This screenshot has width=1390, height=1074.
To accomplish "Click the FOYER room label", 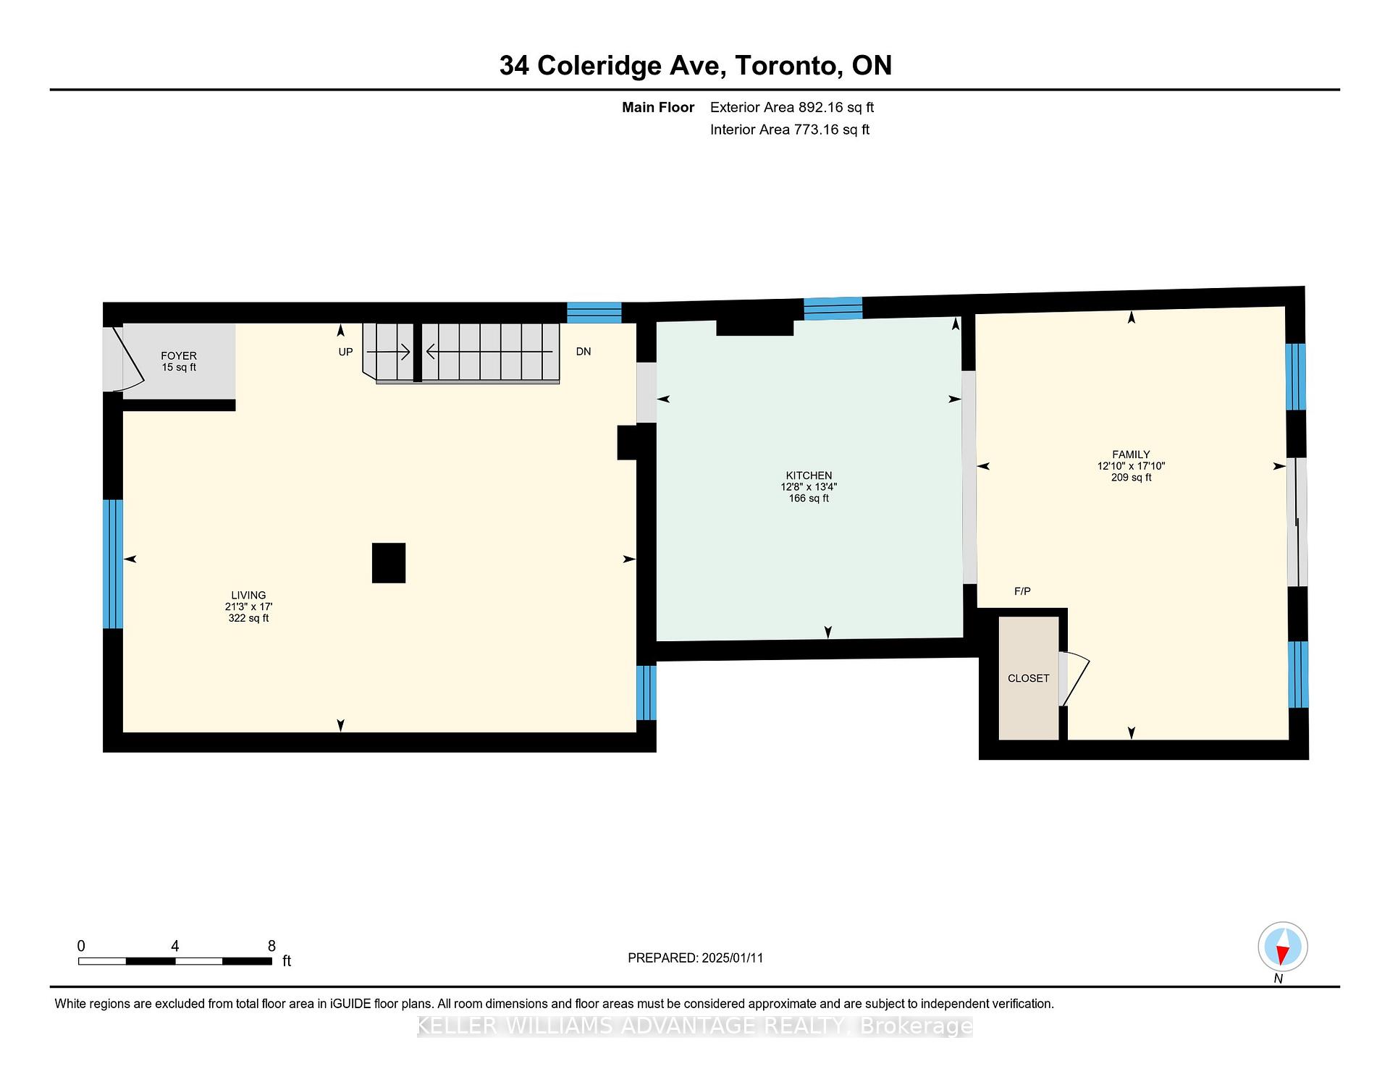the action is (179, 355).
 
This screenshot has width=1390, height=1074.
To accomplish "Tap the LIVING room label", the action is (248, 595).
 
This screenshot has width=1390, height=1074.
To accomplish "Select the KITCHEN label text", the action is (809, 475).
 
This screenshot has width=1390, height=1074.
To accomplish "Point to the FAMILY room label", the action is (1131, 454).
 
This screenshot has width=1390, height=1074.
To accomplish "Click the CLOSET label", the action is (1028, 678).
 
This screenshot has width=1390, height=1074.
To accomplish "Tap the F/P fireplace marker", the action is (1022, 591).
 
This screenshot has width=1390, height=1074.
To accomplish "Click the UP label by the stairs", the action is (345, 352).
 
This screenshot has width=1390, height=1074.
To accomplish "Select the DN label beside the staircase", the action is (584, 352).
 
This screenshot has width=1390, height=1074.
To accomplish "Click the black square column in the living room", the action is (389, 563).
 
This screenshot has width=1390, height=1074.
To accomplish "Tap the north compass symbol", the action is (1282, 946).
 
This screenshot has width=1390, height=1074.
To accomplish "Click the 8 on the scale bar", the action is (271, 946).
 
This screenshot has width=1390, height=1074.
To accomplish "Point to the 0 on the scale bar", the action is (81, 946).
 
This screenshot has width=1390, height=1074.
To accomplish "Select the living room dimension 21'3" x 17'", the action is (248, 606).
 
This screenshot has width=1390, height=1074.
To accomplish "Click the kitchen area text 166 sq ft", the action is (809, 499).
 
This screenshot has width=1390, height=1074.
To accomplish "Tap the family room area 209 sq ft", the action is (1131, 478).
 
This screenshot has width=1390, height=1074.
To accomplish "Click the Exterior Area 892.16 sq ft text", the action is (792, 107).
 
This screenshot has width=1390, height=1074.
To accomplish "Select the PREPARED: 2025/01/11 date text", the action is (695, 957).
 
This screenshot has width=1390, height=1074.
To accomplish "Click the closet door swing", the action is (1076, 679).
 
